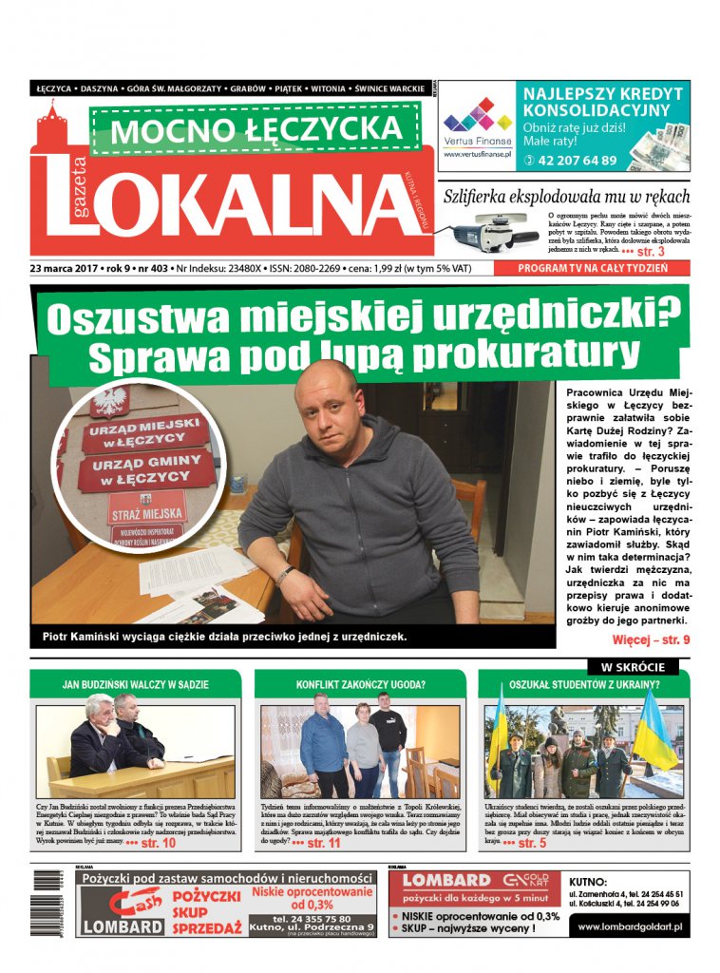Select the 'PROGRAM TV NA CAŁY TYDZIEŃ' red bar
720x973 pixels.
pos(593,268)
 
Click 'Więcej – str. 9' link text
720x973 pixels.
pos(651,639)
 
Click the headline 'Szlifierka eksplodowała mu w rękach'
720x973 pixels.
pos(567,197)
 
